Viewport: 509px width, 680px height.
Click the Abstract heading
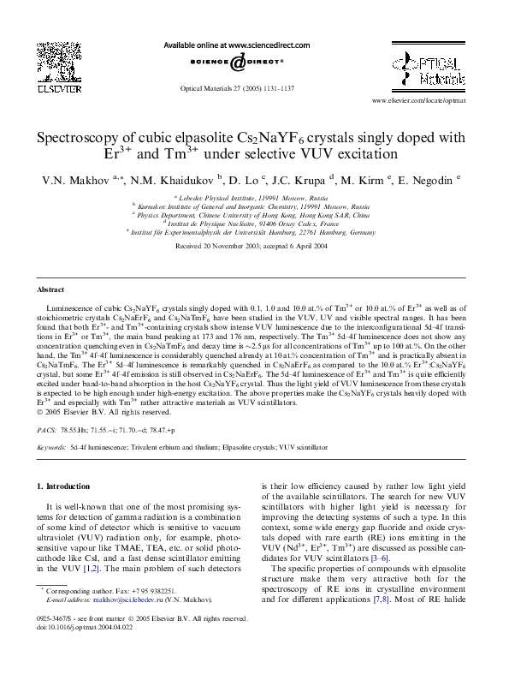coord(51,290)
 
